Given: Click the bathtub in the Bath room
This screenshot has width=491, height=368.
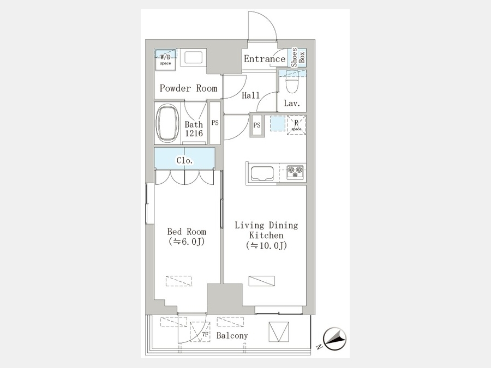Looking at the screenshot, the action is point(167,123).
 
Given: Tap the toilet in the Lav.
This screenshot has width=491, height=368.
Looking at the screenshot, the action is point(292,82).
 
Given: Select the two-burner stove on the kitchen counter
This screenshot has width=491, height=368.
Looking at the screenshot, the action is point(295,172).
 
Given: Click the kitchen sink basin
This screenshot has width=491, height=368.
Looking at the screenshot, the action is point(261,173).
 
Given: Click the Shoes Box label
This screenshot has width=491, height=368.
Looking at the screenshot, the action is point(297,58).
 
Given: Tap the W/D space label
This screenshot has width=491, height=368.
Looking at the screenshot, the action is point(165,59).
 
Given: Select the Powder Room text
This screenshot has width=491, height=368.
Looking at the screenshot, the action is point(188,88).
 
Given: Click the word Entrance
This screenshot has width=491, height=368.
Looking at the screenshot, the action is point(265,58).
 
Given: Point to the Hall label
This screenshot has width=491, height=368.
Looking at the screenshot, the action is point(251,95).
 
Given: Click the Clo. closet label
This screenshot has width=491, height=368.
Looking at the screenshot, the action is point(185,160).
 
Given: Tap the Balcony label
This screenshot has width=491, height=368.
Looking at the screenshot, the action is point(232,335).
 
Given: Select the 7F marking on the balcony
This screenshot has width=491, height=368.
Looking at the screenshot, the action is point(205,334).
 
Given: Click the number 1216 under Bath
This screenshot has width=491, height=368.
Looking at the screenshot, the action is point(194,134).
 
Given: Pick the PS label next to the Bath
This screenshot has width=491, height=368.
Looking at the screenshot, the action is point(215,123).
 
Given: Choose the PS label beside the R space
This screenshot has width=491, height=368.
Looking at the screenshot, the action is point(257,125).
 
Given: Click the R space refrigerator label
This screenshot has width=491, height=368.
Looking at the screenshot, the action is point(296,125).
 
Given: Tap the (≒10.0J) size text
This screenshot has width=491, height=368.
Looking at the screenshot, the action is point(266,246).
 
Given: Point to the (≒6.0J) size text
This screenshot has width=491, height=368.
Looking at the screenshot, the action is point(187,242).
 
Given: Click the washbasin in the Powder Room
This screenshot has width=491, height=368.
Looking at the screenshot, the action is point(193,57).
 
